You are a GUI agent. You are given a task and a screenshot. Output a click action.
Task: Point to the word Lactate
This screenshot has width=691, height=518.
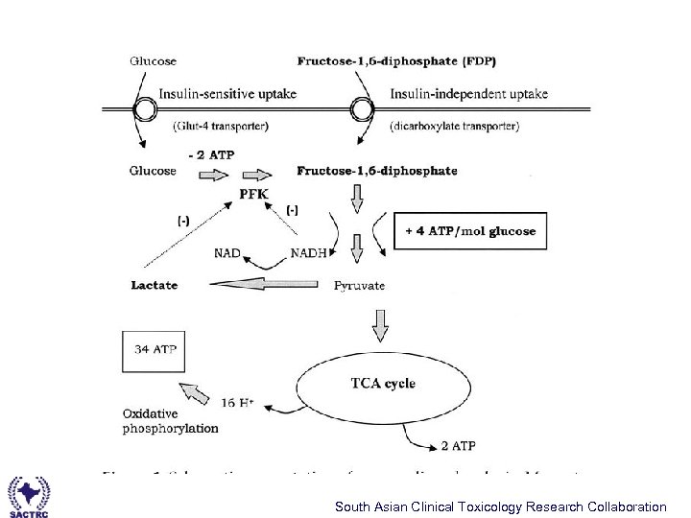pyautogui.click(x=155, y=285)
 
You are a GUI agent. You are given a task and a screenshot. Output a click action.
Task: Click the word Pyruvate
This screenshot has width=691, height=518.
pyautogui.click(x=359, y=285)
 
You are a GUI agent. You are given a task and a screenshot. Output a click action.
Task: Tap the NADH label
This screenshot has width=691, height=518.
pyautogui.click(x=307, y=253)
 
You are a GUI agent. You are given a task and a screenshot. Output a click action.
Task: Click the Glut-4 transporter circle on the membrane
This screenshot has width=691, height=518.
pyautogui.click(x=144, y=109)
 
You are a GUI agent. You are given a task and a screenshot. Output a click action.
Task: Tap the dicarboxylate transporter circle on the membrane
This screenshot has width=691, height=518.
pyautogui.click(x=361, y=109)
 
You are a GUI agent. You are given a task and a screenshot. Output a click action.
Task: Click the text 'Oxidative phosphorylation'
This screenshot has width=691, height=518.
pyautogui.click(x=170, y=421)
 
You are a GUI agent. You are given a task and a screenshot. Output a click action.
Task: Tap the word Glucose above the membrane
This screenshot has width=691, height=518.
pyautogui.click(x=154, y=61)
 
